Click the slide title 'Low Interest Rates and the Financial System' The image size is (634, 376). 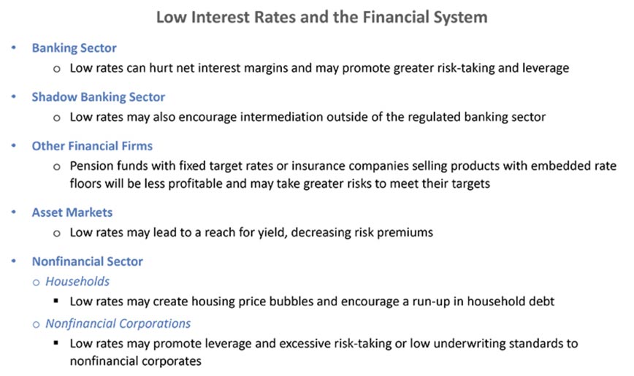[x=322, y=17]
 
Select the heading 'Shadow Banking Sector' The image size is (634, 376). [x=99, y=97]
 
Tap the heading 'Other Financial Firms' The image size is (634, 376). [x=92, y=146]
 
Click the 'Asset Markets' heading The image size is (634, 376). [x=72, y=212]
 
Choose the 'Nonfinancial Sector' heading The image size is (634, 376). [x=88, y=261]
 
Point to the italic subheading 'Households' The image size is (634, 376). [x=77, y=281]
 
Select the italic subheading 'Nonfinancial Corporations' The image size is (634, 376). [x=118, y=323]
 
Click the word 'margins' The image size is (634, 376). [x=263, y=69]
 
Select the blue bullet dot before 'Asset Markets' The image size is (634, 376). [x=14, y=212]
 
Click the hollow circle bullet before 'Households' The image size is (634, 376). [x=36, y=283]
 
